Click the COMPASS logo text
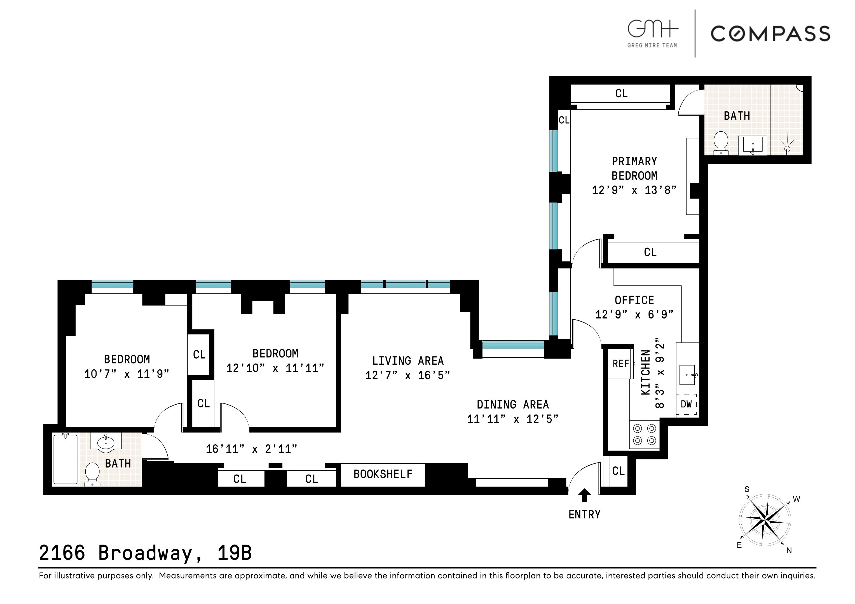[x=770, y=34]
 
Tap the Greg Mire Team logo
[x=652, y=34]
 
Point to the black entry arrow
[x=584, y=495]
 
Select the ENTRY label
[x=584, y=515]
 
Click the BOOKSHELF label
[x=383, y=474]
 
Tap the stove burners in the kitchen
[x=644, y=434]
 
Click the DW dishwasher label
[x=686, y=404]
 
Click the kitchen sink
[x=687, y=375]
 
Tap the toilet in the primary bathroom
[x=721, y=143]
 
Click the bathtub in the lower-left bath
[x=65, y=459]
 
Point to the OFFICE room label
[x=634, y=300]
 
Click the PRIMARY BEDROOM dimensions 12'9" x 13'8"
[x=634, y=190]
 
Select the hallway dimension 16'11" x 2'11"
[x=251, y=449]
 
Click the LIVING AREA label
[x=408, y=361]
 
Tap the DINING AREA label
[x=513, y=405]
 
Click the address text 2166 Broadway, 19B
[x=145, y=553]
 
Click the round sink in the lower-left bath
[x=106, y=442]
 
